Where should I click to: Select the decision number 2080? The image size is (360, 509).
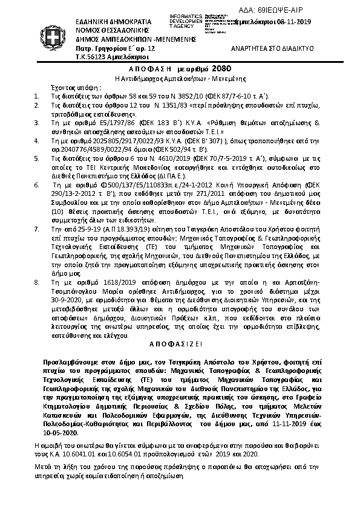coord(223,69)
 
